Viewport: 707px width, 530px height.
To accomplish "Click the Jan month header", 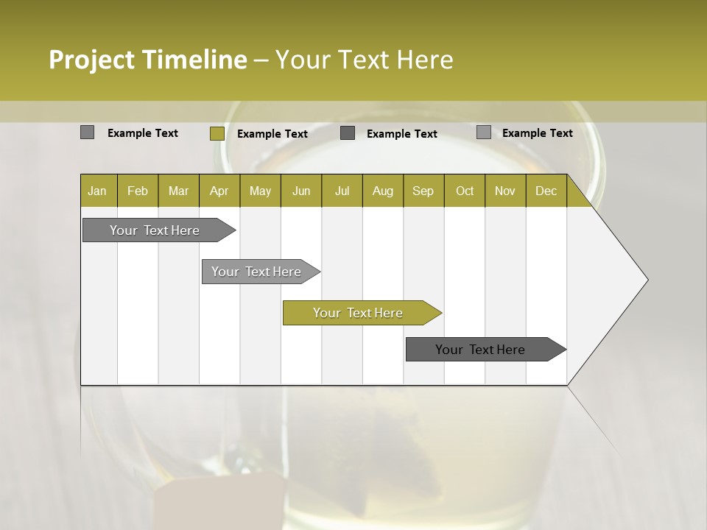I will (x=97, y=191).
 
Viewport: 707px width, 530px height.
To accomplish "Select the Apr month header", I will (x=219, y=191).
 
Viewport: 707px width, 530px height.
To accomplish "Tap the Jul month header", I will (x=342, y=191).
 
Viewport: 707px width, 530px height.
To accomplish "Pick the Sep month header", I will (x=423, y=191).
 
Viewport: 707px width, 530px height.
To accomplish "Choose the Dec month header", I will (x=546, y=191).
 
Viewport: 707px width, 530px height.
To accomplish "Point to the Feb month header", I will (x=138, y=191).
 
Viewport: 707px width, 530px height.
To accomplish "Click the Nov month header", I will (x=504, y=191).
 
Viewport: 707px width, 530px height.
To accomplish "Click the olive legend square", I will (x=217, y=133).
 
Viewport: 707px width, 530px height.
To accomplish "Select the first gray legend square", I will (x=87, y=132).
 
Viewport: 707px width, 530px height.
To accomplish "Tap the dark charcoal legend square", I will (x=348, y=132).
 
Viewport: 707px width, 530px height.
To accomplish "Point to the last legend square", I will (x=483, y=132).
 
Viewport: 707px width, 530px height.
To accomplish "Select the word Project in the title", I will (x=92, y=60).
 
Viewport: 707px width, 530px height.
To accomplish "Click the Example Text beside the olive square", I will (x=272, y=134).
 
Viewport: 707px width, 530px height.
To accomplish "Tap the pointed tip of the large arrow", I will (x=647, y=280).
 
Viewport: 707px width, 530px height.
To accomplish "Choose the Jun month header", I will (x=301, y=191).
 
